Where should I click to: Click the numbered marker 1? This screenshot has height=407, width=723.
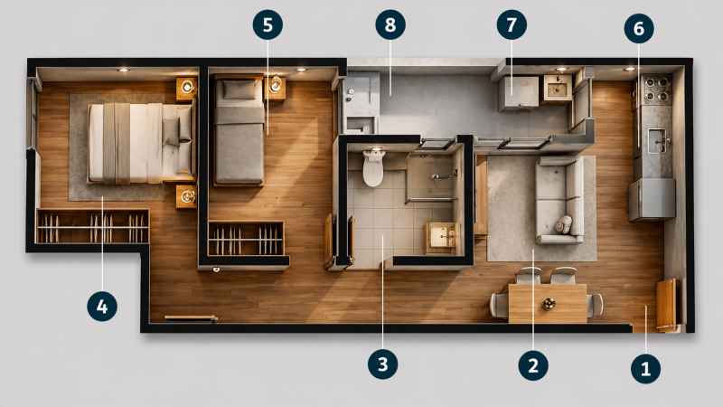pyautogui.click(x=645, y=368)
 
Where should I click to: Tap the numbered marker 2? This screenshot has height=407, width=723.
pyautogui.click(x=533, y=365)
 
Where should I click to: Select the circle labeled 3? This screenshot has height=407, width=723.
pyautogui.click(x=382, y=364)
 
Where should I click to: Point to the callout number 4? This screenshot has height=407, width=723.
pyautogui.click(x=102, y=306)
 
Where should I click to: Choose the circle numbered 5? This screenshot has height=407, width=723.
pyautogui.click(x=268, y=24)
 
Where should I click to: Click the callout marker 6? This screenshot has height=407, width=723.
pyautogui.click(x=639, y=28)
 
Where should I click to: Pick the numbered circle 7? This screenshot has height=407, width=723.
pyautogui.click(x=512, y=24)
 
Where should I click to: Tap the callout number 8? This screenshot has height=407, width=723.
pyautogui.click(x=390, y=24)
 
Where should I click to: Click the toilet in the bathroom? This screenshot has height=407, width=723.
pyautogui.click(x=373, y=167)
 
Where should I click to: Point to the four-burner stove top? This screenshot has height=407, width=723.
pyautogui.click(x=657, y=90)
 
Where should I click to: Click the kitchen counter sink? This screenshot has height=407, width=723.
pyautogui.click(x=657, y=141)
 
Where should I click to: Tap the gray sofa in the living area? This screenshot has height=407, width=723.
pyautogui.click(x=559, y=200)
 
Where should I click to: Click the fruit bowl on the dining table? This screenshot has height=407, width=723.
pyautogui.click(x=549, y=304)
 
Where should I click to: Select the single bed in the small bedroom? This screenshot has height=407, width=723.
pyautogui.click(x=239, y=131)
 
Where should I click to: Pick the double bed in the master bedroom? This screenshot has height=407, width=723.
pyautogui.click(x=141, y=143)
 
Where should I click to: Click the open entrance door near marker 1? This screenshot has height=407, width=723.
pyautogui.click(x=666, y=305)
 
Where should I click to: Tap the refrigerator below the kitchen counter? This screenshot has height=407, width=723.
pyautogui.click(x=652, y=200)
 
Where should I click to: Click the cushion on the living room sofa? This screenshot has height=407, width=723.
pyautogui.click(x=564, y=224)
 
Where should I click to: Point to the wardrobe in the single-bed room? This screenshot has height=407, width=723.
pyautogui.click(x=246, y=238)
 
